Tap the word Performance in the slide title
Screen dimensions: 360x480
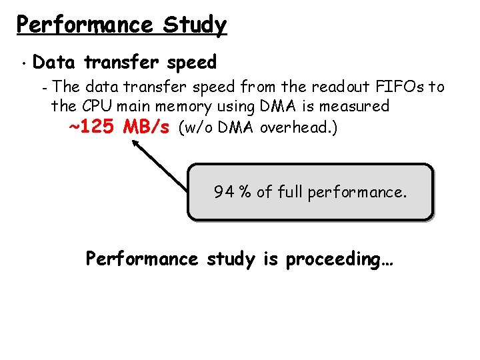pos(85,25)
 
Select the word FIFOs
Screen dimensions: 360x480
pos(402,87)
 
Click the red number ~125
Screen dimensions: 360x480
pos(94,127)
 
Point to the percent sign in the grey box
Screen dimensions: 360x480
pos(245,193)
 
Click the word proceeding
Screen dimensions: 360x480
pos(339,259)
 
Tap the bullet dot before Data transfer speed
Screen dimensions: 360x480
pos(23,65)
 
